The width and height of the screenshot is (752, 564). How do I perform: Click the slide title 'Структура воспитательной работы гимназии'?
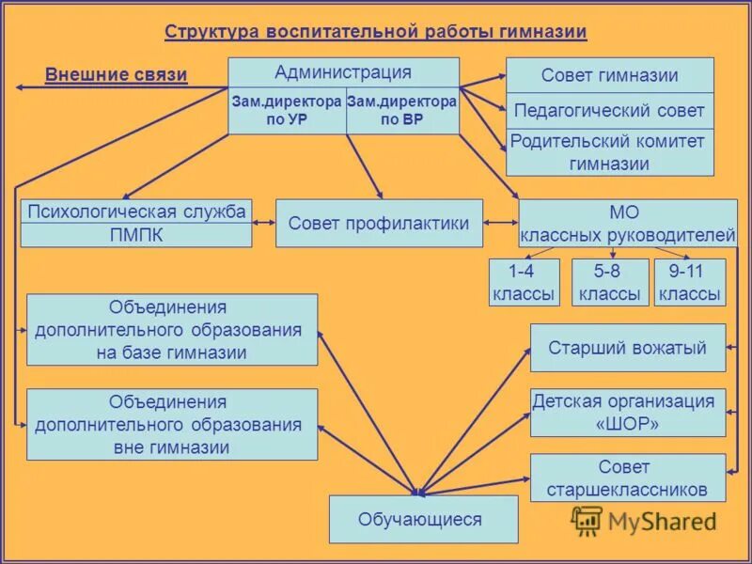coord(376,33)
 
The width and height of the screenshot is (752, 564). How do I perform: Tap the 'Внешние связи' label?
coord(116,75)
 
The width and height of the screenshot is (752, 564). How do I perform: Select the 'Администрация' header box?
coord(343,72)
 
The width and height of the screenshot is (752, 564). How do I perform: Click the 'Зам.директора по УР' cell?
coord(287,111)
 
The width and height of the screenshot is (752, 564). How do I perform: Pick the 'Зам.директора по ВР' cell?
coord(401,111)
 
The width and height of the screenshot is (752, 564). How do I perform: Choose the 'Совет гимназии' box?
coord(609,75)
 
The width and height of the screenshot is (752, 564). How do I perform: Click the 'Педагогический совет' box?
coord(609,111)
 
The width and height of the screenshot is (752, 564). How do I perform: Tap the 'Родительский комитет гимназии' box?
coord(609,152)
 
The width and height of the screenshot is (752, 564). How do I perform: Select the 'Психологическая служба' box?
coord(136,211)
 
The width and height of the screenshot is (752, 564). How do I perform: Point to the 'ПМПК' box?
coord(136,235)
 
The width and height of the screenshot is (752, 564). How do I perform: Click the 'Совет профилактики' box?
coord(379,224)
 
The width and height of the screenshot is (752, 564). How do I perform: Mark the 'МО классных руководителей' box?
coord(627,224)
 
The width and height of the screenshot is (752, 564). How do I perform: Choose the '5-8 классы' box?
coord(611,283)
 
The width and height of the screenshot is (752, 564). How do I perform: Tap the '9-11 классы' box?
coord(690,283)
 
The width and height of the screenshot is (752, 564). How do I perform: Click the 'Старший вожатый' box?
coord(627,348)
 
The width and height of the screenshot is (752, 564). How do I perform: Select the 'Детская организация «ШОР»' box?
coord(627,413)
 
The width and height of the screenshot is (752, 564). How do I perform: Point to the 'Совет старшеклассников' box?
coord(627,478)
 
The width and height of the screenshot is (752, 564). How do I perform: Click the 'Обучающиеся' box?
coord(423,519)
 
